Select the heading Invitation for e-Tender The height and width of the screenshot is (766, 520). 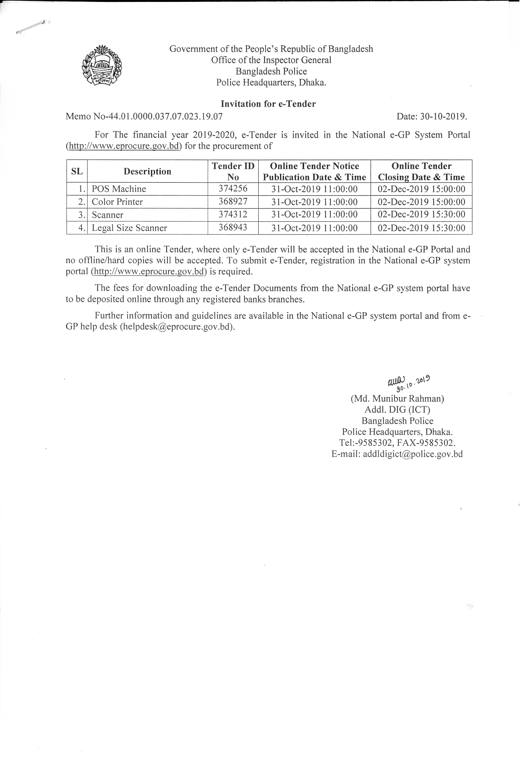pyautogui.click(x=268, y=104)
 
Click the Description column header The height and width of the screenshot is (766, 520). pyautogui.click(x=147, y=171)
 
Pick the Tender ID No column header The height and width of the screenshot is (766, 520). pyautogui.click(x=233, y=171)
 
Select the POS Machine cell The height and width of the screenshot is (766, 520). pyautogui.click(x=119, y=189)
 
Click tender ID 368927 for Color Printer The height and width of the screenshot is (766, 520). pyautogui.click(x=233, y=201)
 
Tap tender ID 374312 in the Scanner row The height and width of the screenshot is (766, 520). pyautogui.click(x=233, y=215)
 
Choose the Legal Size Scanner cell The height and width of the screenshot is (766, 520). pyautogui.click(x=129, y=228)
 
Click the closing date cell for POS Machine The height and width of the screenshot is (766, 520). pyautogui.click(x=421, y=189)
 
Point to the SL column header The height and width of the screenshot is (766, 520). pyautogui.click(x=77, y=171)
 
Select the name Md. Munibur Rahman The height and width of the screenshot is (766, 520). pyautogui.click(x=397, y=399)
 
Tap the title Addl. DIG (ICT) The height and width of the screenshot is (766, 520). pyautogui.click(x=397, y=410)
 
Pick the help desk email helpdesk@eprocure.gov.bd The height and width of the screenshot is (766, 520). pyautogui.click(x=177, y=327)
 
